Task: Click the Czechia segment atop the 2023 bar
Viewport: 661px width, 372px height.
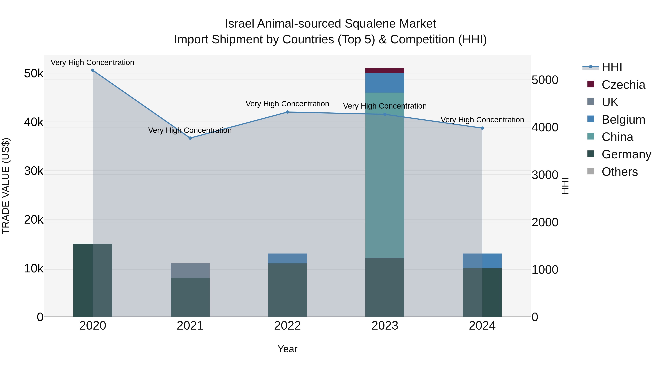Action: point(385,71)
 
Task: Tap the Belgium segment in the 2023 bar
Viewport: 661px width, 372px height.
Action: point(385,83)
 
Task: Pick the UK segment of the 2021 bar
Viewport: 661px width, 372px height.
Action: point(190,270)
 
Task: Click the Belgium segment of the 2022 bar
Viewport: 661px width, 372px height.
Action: point(287,258)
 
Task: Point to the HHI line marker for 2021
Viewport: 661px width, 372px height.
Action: point(190,138)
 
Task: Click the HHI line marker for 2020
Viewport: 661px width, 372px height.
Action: point(93,70)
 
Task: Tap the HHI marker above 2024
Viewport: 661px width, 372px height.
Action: point(482,128)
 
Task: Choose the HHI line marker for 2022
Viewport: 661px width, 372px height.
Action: point(287,112)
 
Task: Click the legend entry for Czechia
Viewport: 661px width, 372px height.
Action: point(623,85)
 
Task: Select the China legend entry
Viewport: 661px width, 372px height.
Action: point(617,137)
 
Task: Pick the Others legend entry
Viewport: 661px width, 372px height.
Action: point(620,172)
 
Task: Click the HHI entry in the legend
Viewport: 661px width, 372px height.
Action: point(612,67)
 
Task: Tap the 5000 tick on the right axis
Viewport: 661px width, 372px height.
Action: point(545,80)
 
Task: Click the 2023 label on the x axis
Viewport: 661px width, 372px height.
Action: point(385,326)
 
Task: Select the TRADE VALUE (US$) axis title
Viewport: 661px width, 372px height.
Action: point(6,186)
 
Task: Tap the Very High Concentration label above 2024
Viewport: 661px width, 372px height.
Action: point(482,120)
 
